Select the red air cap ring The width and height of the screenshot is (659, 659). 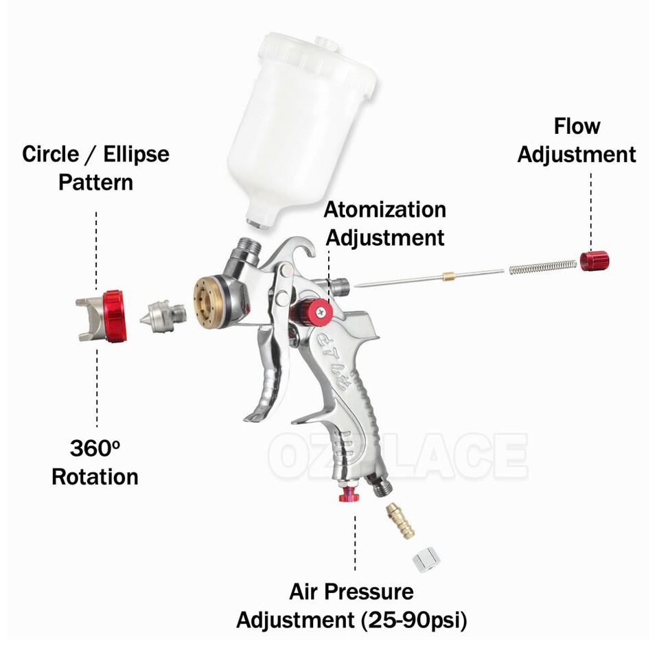(113, 315)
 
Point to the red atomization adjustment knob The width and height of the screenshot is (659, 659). (319, 313)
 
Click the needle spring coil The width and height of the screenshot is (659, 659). (542, 268)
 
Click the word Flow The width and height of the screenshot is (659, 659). (577, 126)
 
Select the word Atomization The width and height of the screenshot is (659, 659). (384, 209)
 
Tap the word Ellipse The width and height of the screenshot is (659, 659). (136, 153)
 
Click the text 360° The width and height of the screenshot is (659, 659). (95, 449)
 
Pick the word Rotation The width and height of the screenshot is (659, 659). (95, 476)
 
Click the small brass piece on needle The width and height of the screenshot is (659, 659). (450, 276)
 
